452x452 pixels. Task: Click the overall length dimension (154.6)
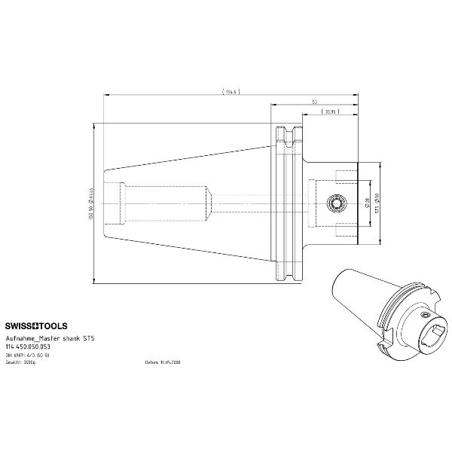point(230,91)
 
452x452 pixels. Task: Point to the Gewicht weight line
point(41,362)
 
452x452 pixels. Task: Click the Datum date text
point(163,362)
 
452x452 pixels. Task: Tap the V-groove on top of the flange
point(286,136)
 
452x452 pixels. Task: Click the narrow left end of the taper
point(105,203)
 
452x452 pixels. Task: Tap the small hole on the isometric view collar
point(426,314)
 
